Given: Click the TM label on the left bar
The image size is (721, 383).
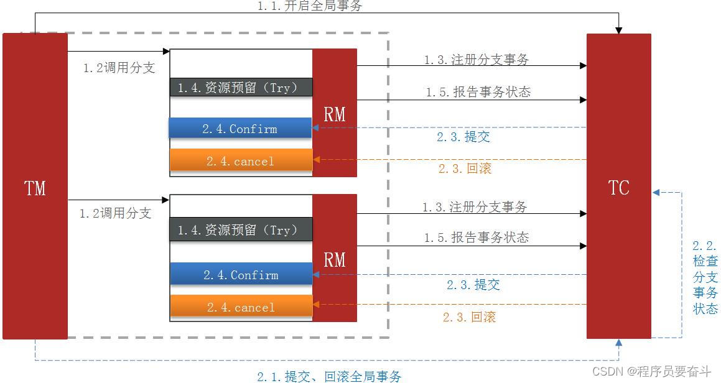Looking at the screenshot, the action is coord(35,188).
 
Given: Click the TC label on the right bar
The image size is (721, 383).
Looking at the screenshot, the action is coord(618,188).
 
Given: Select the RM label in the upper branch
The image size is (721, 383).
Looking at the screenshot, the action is coord(335,114).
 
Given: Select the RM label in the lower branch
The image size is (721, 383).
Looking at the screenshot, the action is coord(335,259).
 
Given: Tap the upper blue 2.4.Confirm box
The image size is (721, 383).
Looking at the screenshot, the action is coord(240,129).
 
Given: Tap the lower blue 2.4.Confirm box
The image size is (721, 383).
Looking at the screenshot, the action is coord(241,275).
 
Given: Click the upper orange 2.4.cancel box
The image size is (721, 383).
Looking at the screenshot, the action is coord(241,161).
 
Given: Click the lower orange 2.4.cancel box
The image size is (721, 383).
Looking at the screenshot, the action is coord(241,307).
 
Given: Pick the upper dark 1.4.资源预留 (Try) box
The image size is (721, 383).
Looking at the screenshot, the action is coord(241,88).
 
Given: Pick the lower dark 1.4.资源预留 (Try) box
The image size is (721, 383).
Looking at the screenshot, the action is coord(241,230).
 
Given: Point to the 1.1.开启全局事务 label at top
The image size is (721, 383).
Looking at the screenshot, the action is coord(309,6).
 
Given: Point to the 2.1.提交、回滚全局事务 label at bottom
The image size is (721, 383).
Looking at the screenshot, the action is coord(329,376).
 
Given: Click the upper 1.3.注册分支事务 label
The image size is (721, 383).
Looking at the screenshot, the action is coord(477,60).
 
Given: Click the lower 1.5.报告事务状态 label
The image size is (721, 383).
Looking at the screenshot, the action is coord(477,238).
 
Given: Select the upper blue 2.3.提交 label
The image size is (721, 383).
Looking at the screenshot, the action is coord(463,137).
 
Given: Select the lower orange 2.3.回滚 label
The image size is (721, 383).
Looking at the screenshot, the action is coord(469,317).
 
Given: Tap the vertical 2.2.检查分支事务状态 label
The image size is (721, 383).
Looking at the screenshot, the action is coord(705,277).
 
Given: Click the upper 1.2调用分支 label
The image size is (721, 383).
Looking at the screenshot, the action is coord(119,68).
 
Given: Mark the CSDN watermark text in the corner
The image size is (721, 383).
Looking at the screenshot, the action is coord(651,371).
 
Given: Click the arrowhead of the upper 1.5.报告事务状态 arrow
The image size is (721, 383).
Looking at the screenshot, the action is coord(583,99).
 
